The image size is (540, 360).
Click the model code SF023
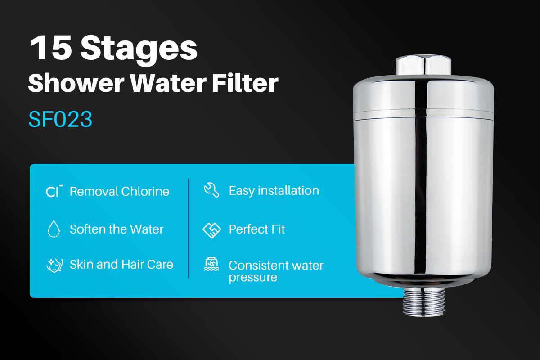point(60,119)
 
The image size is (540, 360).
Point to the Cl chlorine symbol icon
point(54,191)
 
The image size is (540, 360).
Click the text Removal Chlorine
point(119,191)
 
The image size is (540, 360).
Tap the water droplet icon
point(54,229)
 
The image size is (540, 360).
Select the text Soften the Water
point(117,229)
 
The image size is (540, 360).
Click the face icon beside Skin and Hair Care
point(54,265)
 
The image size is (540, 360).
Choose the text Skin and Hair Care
point(121,264)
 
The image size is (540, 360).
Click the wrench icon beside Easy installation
point(211,190)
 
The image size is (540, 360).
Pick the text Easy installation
point(274,190)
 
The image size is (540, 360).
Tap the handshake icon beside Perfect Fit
point(211,229)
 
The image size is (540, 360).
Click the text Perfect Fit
point(257,229)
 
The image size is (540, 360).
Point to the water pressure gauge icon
point(211,265)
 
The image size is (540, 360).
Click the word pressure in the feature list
point(252,277)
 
